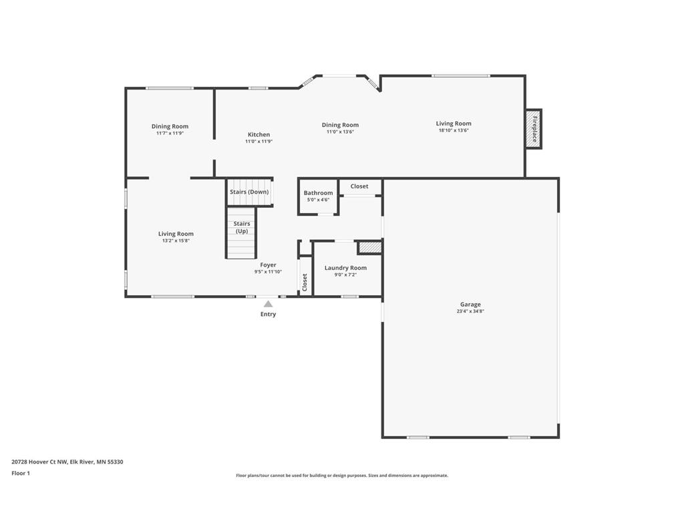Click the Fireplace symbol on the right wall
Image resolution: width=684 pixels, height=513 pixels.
pyautogui.click(x=534, y=129)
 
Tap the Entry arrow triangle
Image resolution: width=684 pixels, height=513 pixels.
pyautogui.click(x=268, y=304)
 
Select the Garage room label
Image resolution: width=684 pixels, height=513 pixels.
pyautogui.click(x=470, y=305)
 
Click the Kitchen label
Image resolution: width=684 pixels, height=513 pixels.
pyautogui.click(x=259, y=135)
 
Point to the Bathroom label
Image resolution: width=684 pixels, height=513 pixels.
pyautogui.click(x=318, y=193)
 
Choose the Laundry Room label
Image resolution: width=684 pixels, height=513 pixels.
pyautogui.click(x=345, y=268)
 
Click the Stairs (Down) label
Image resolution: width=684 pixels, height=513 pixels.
pyautogui.click(x=249, y=192)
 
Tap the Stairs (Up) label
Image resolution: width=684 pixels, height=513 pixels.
pyautogui.click(x=242, y=227)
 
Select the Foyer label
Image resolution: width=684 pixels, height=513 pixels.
pyautogui.click(x=268, y=265)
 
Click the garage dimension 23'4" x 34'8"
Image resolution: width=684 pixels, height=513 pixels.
pyautogui.click(x=470, y=311)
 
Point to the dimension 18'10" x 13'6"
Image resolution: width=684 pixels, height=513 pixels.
pyautogui.click(x=454, y=130)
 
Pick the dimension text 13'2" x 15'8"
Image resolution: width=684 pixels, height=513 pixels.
pyautogui.click(x=176, y=240)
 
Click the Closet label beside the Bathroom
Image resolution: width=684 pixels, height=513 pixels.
pyautogui.click(x=359, y=186)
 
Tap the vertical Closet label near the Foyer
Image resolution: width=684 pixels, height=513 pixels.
pyautogui.click(x=305, y=283)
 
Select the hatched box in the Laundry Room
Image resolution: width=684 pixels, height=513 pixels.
pyautogui.click(x=369, y=248)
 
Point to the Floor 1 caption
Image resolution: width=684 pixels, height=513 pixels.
pyautogui.click(x=21, y=473)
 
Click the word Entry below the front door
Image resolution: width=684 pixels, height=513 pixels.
pyautogui.click(x=268, y=314)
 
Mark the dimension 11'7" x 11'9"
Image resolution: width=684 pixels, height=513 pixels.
pyautogui.click(x=170, y=133)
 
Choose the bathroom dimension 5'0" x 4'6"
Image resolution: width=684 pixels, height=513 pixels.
pyautogui.click(x=318, y=200)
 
